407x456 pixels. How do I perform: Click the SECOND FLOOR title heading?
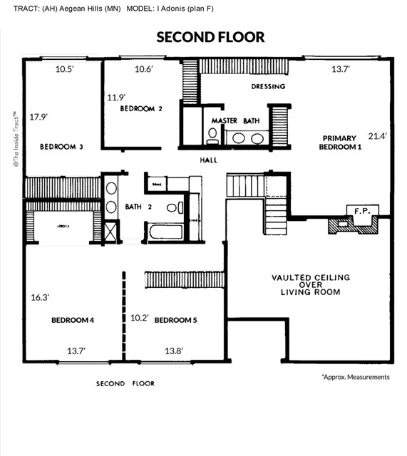coord(210,37)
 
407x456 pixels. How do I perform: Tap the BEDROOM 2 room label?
coord(141,109)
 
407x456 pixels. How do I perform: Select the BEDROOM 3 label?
coord(61,147)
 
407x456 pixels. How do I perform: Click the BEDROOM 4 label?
coord(73,320)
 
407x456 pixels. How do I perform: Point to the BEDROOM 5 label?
coord(175,320)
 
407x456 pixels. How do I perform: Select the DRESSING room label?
coord(268,87)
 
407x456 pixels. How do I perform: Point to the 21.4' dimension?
coord(378,135)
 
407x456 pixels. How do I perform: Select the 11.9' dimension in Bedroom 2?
coord(116,97)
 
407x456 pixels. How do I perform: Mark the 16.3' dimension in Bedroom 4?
coord(40,297)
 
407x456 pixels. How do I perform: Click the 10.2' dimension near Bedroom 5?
coord(140,318)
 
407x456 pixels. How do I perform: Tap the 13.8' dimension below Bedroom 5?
coord(175,351)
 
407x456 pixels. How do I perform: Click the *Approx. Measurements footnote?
coord(355,377)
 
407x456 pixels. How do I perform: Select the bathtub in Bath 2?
coord(165,232)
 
